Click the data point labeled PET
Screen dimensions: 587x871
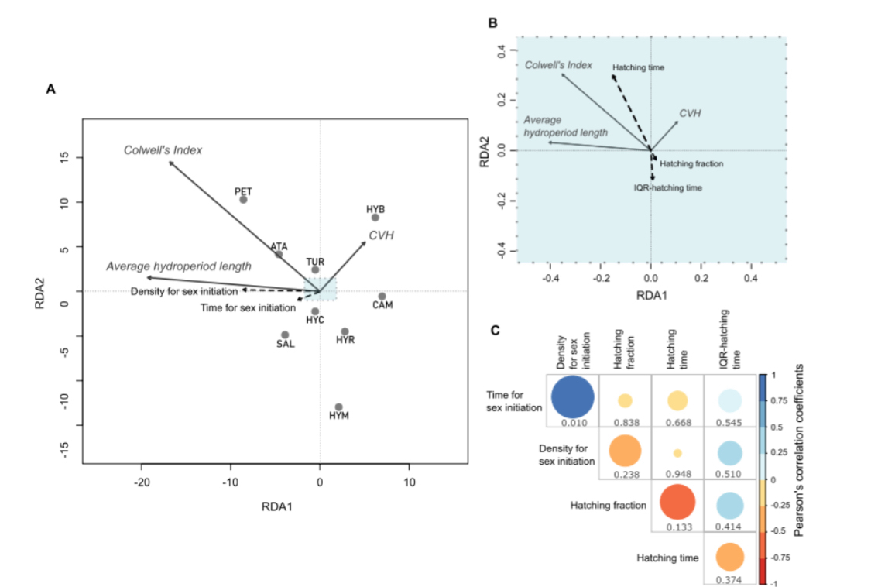pos(243,200)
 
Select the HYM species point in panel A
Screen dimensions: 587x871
pos(338,407)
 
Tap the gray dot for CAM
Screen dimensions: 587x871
pos(382,297)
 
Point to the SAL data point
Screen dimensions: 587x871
pos(285,335)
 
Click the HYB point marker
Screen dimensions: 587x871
pos(375,218)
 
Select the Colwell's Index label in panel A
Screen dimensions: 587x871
pos(163,149)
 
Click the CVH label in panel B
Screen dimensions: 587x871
pos(690,113)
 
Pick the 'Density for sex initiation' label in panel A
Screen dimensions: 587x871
pos(183,291)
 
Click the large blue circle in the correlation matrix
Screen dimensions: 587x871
pos(572,396)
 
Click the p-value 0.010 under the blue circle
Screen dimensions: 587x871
pos(572,423)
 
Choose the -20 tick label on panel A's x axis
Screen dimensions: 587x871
pos(141,482)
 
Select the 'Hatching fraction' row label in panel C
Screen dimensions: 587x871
pos(608,506)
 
